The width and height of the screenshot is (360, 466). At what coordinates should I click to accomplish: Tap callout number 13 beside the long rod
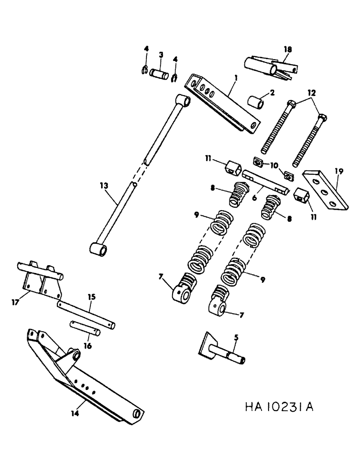103,185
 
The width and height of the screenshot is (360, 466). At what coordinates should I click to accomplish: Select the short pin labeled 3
161,74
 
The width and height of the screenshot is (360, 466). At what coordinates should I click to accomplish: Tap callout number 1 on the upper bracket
236,79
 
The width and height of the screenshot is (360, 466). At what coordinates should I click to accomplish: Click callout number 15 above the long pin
91,296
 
